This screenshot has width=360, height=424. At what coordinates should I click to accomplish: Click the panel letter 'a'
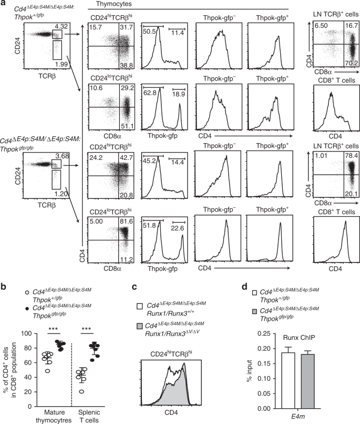(4, 5)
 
